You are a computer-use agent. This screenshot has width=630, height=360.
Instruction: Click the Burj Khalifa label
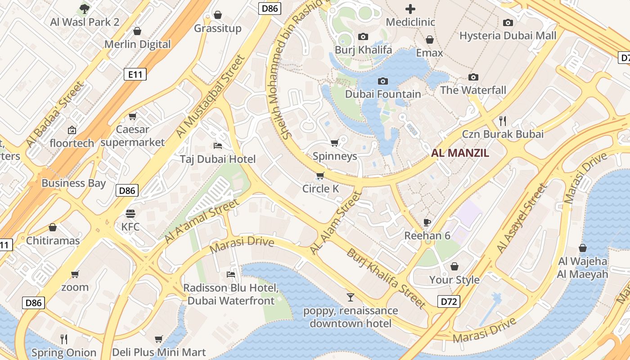363,49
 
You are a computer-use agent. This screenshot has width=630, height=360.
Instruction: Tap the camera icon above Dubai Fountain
383,81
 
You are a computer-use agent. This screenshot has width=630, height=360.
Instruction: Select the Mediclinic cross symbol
410,9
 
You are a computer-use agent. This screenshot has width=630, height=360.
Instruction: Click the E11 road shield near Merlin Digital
135,75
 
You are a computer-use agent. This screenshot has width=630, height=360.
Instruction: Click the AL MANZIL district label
460,153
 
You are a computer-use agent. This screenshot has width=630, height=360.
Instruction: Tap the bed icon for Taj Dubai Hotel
217,145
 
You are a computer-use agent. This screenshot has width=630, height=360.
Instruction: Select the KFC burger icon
130,213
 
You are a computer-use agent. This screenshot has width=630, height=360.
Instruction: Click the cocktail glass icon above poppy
351,297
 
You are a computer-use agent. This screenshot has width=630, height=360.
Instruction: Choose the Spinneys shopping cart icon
334,143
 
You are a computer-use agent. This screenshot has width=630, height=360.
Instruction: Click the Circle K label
320,189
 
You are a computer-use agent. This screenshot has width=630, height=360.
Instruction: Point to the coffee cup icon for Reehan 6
427,222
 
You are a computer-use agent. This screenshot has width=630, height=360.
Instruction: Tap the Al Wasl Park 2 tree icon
84,8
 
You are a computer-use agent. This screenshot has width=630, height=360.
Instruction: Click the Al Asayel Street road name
522,218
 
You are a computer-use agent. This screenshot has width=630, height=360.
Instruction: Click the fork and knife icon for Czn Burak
503,121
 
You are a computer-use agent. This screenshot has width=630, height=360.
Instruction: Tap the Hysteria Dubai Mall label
508,36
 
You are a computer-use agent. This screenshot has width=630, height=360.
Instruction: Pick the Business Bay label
73,183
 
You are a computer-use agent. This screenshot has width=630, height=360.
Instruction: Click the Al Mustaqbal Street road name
210,96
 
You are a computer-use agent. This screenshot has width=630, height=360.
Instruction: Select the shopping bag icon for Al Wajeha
583,248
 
